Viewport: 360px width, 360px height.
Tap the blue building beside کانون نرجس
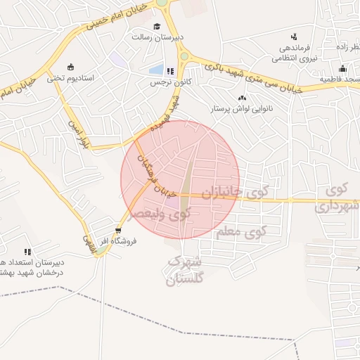click(157, 71)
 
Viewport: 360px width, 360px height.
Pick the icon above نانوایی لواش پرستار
click(243, 98)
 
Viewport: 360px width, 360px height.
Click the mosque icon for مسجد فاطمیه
click(342, 68)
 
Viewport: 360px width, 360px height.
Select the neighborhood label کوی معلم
click(240, 232)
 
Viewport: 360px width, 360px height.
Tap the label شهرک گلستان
click(184, 271)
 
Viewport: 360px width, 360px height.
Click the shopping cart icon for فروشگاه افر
click(117, 229)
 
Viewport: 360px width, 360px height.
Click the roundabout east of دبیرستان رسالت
click(184, 56)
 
